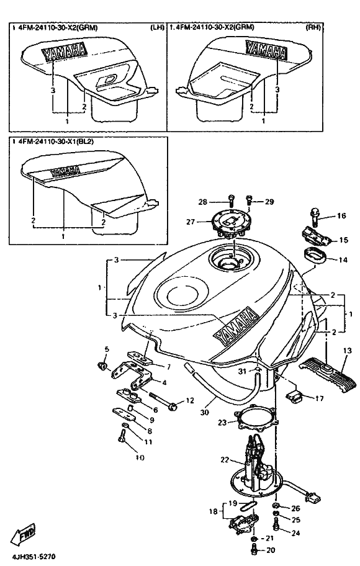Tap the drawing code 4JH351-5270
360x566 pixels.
pos(34,557)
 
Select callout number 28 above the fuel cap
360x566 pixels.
pos(203,202)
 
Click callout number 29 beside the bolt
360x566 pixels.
pos(269,202)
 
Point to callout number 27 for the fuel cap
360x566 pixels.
pos(191,222)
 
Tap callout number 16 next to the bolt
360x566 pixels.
pos(341,216)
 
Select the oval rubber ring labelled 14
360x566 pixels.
pos(313,256)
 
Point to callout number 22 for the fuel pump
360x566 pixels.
pos(225,460)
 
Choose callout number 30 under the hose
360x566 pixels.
pos(204,412)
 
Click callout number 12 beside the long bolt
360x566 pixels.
pos(189,400)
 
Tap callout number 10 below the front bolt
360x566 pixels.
pos(140,458)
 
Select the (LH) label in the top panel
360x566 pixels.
pos(157,28)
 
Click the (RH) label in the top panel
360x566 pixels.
pos(313,27)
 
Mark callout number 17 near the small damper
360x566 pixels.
pos(319,398)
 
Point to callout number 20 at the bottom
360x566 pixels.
pos(270,550)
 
